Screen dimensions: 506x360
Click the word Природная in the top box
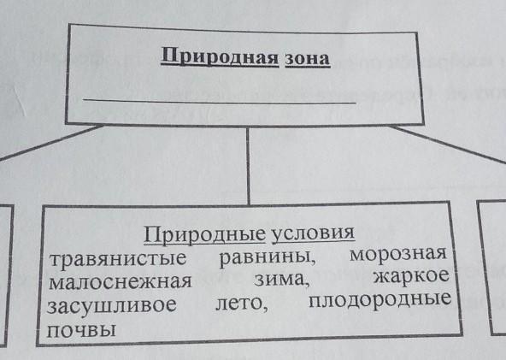pyautogui.click(x=220, y=56)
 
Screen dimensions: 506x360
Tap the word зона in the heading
pyautogui.click(x=308, y=59)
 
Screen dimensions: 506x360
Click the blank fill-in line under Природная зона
pyautogui.click(x=220, y=102)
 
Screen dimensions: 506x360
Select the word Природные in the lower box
pyautogui.click(x=204, y=234)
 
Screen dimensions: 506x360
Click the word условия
pyautogui.click(x=314, y=233)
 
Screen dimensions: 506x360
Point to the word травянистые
pyautogui.click(x=118, y=258)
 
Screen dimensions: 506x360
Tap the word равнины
pyautogui.click(x=268, y=257)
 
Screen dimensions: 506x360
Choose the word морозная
pyautogui.click(x=398, y=254)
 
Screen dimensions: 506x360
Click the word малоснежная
pyautogui.click(x=120, y=281)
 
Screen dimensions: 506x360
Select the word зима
pyautogui.click(x=282, y=279)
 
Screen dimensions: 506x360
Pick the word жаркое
pyautogui.click(x=411, y=276)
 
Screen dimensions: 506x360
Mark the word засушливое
pyautogui.click(x=112, y=304)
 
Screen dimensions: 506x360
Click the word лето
pyautogui.click(x=241, y=304)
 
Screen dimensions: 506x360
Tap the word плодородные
pyautogui.click(x=380, y=299)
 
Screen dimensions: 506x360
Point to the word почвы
pyautogui.click(x=81, y=330)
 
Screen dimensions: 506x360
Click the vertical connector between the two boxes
pyautogui.click(x=248, y=166)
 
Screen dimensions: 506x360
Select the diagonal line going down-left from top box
pyautogui.click(x=50, y=143)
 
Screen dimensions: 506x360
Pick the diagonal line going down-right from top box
pyautogui.click(x=449, y=144)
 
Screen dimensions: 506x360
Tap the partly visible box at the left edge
pyautogui.click(x=9, y=274)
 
